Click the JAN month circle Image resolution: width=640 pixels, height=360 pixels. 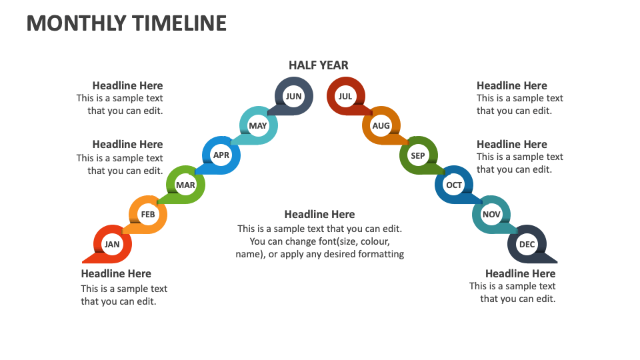pos(112,244)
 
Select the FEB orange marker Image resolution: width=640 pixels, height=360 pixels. pos(148,215)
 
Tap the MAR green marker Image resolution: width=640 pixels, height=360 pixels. pos(185,185)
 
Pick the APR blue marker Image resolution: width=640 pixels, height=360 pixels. pos(221,155)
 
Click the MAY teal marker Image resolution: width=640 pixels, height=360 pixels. pos(258,125)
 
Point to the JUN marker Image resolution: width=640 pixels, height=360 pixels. pos(293,96)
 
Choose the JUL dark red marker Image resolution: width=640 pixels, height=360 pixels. pos(345,96)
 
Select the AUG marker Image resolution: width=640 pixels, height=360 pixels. pos(381,125)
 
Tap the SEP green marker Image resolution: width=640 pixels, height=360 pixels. pos(418,156)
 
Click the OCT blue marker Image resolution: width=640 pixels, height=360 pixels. pos(454,185)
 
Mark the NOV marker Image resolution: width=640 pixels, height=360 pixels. pos(491,215)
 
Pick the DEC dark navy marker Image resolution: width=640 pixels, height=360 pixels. pos(527,245)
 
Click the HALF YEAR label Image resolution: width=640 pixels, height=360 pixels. pos(319,65)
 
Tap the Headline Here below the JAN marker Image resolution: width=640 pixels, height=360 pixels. pos(116,273)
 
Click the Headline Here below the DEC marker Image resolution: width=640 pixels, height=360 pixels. pos(520,273)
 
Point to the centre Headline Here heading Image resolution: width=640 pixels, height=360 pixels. pos(319,214)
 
